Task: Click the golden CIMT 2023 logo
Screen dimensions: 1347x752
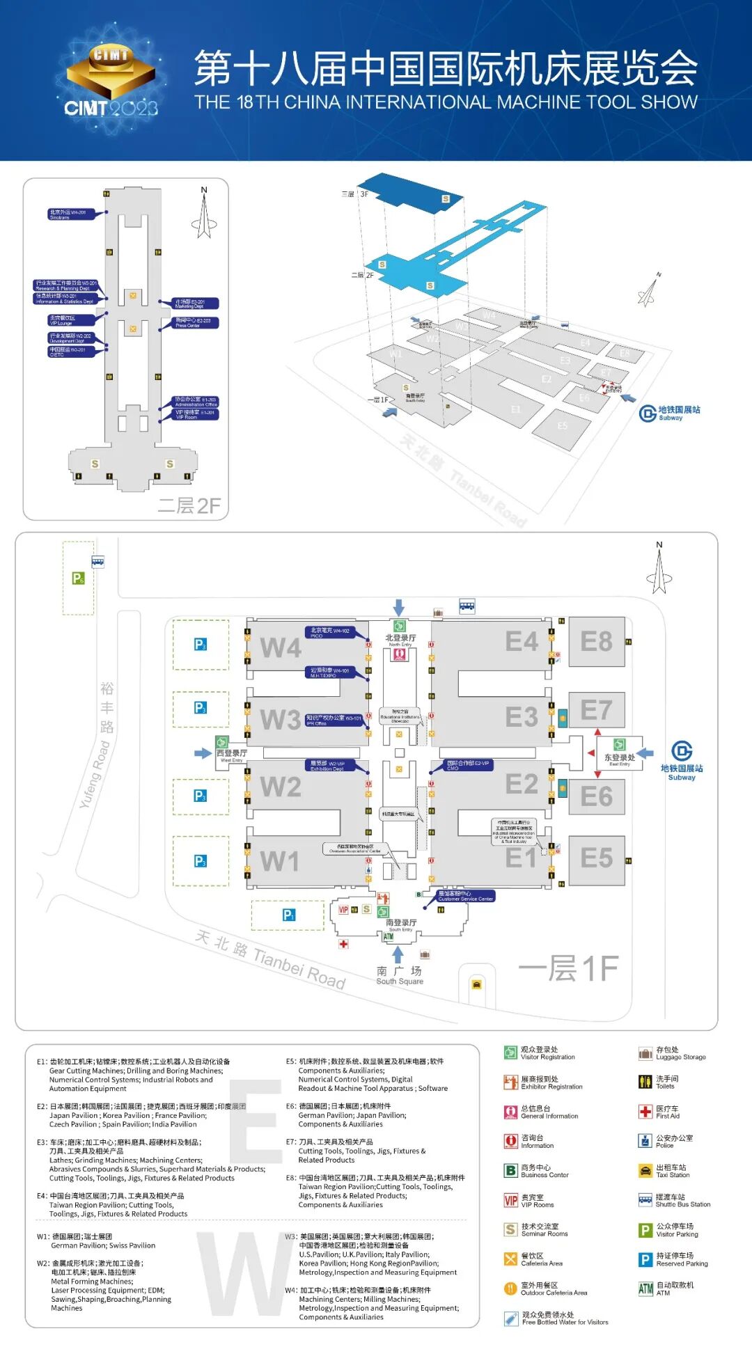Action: coord(111,78)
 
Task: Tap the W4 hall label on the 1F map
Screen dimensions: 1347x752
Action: coord(281,648)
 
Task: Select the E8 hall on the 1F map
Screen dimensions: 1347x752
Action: coord(596,642)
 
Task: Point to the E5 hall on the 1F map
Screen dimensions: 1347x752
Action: coord(597,858)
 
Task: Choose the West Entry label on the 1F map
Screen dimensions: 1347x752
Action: coord(231,755)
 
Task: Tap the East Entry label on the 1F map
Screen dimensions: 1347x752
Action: coord(619,759)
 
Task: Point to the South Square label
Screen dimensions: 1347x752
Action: coord(400,975)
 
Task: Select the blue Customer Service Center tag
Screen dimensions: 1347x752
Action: coord(465,896)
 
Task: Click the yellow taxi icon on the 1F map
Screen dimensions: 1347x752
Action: coord(476,984)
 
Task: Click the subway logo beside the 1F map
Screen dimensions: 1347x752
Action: coord(682,751)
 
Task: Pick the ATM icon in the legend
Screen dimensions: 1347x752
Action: coord(645,1289)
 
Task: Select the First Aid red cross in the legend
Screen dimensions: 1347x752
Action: coord(645,1112)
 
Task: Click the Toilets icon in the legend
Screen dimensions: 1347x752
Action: coord(645,1082)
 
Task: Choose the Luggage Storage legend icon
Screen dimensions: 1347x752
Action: coord(645,1053)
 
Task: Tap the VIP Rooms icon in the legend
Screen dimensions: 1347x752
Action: coord(510,1201)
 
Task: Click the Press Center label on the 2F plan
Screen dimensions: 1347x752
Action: coord(196,323)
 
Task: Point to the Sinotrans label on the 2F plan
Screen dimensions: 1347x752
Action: coord(71,214)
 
